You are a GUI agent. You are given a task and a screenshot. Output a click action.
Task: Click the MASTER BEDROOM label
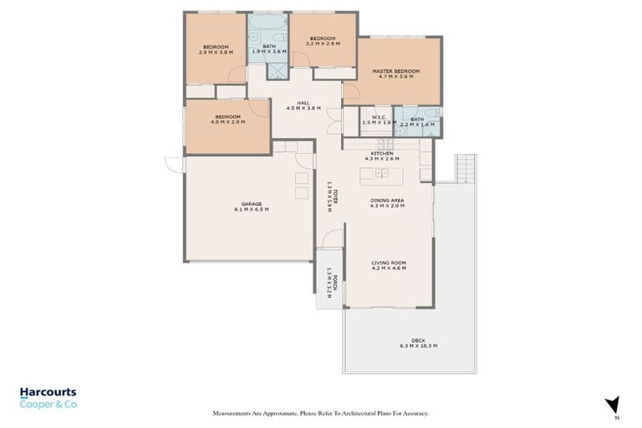(394, 72)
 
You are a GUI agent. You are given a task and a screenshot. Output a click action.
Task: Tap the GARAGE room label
(252, 204)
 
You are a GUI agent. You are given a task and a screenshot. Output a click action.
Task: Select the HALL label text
(292, 102)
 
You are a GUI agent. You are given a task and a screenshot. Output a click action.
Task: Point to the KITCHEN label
(382, 154)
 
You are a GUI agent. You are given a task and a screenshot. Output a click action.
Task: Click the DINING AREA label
(387, 200)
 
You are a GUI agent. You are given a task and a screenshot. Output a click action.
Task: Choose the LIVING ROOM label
(388, 262)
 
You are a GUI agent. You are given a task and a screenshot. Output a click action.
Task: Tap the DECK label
(419, 340)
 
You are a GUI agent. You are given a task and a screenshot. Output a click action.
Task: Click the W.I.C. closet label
(378, 118)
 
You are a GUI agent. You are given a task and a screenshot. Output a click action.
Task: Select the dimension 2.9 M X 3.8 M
(217, 53)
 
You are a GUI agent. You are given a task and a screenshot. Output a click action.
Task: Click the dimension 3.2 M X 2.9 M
(323, 44)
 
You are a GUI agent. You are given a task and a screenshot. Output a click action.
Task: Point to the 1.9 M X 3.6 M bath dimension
(269, 52)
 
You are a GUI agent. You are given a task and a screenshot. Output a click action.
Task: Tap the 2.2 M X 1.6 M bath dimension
(417, 124)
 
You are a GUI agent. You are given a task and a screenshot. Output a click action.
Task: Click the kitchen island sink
(380, 174)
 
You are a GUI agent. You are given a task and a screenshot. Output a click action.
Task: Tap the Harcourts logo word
(48, 392)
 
